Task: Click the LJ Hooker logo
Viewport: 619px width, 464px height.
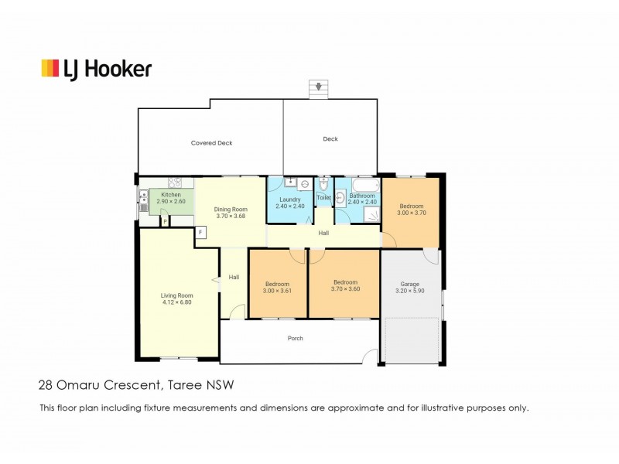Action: [x=97, y=70]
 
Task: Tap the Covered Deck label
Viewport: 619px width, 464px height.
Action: [x=211, y=143]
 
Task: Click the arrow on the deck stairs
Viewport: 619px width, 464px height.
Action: [x=319, y=85]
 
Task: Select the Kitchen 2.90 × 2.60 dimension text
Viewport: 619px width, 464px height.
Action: [x=171, y=201]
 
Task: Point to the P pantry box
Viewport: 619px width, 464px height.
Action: [x=165, y=222]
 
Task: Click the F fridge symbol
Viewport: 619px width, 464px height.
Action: [x=200, y=233]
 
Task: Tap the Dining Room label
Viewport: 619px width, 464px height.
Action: [x=231, y=210]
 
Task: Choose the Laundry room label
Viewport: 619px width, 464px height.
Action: [x=289, y=200]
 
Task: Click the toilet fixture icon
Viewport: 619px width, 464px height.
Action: [x=323, y=184]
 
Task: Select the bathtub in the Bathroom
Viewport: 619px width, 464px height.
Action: [x=365, y=185]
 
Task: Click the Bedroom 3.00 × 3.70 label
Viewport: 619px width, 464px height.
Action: [x=412, y=210]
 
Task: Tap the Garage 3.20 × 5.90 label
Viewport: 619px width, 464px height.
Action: [x=410, y=287]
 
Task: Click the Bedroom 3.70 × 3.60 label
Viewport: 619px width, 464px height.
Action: [x=345, y=285]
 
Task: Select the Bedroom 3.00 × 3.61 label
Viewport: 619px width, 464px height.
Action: [x=277, y=287]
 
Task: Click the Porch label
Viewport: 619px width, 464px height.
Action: [x=296, y=338]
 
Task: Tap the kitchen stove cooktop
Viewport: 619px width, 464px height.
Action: [x=175, y=183]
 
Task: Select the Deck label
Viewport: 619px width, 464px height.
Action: [x=330, y=139]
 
